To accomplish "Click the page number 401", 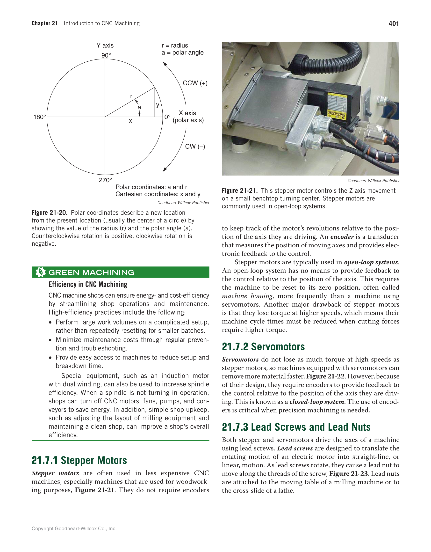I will pyautogui.click(x=394, y=23).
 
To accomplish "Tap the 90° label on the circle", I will pyautogui.click(x=106, y=55).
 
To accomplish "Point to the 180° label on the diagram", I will pyautogui.click(x=40, y=117).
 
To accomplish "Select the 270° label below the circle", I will pyautogui.click(x=105, y=180).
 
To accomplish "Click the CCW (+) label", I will pyautogui.click(x=195, y=83).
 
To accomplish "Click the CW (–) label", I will pyautogui.click(x=195, y=147).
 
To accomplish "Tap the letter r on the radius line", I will pyautogui.click(x=131, y=96).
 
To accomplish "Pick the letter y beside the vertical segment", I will pyautogui.click(x=158, y=105).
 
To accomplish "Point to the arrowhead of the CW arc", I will pyautogui.click(x=165, y=169).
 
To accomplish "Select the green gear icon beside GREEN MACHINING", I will pyautogui.click(x=40, y=272).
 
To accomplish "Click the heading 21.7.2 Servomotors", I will pyautogui.click(x=263, y=347).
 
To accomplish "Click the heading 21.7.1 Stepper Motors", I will pyautogui.click(x=79, y=461).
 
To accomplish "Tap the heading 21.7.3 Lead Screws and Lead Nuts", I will pyautogui.click(x=296, y=427).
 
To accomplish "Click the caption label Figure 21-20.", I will pyautogui.click(x=50, y=213).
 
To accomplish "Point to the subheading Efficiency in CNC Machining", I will pyautogui.click(x=88, y=285).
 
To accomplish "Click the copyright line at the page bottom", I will pyautogui.click(x=74, y=529).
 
